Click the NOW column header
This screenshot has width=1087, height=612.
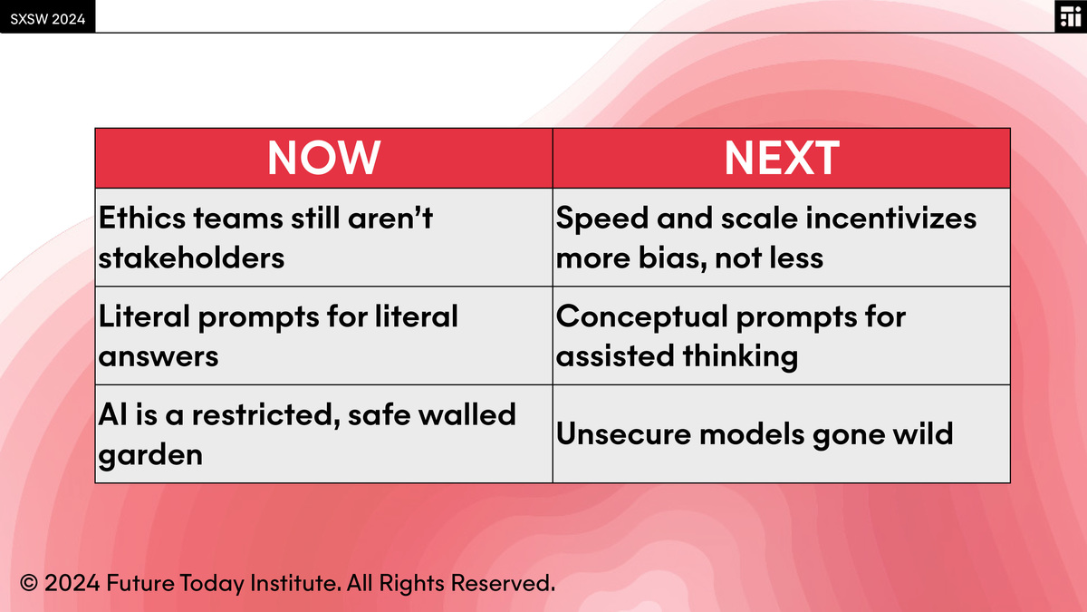(323, 158)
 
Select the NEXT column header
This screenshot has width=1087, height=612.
(781, 158)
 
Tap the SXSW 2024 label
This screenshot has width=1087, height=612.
(47, 19)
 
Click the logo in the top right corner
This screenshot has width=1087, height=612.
(1071, 16)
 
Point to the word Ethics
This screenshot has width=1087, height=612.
(142, 218)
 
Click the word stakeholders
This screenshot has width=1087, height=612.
(191, 257)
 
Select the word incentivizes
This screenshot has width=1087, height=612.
(890, 218)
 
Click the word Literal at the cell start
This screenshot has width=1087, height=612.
(144, 316)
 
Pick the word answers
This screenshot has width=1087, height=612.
(159, 357)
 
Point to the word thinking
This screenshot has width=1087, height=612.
(740, 357)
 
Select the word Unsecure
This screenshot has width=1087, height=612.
(623, 433)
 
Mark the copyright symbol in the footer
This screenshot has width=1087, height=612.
(29, 583)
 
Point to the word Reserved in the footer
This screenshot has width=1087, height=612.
(503, 583)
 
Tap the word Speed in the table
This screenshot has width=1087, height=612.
(601, 219)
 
